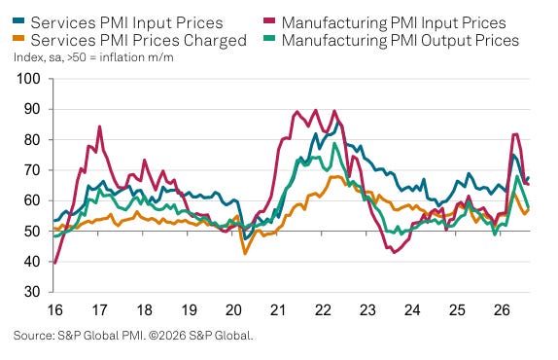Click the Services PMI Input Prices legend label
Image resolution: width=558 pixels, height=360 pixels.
[126, 22]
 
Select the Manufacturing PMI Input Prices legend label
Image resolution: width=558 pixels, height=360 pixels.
[394, 22]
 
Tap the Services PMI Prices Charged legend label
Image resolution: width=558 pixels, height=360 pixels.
[138, 40]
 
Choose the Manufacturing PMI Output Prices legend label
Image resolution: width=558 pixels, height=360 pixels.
[401, 40]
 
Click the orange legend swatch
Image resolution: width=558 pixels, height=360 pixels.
[18, 37]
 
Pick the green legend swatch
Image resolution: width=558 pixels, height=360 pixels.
[269, 37]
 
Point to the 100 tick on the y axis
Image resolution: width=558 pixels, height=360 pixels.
[29, 79]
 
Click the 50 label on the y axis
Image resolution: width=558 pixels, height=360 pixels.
[32, 232]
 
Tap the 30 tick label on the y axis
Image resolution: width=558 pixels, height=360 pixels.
[32, 292]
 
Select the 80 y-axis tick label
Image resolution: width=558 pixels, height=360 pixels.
[32, 139]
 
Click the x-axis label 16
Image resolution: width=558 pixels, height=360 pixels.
[54, 309]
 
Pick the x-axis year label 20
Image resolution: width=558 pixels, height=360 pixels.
[233, 309]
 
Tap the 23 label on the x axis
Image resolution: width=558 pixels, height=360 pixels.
[367, 309]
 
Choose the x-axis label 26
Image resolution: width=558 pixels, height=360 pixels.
[502, 309]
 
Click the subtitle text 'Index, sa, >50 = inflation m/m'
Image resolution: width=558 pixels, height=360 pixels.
[93, 57]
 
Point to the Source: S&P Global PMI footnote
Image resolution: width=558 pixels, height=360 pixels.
[133, 336]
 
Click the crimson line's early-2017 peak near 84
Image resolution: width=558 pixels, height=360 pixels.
[99, 126]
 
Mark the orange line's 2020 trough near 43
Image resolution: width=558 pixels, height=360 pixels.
[245, 253]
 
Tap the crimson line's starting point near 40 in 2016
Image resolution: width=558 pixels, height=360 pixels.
[54, 263]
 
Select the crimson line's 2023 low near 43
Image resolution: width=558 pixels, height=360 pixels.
[394, 252]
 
